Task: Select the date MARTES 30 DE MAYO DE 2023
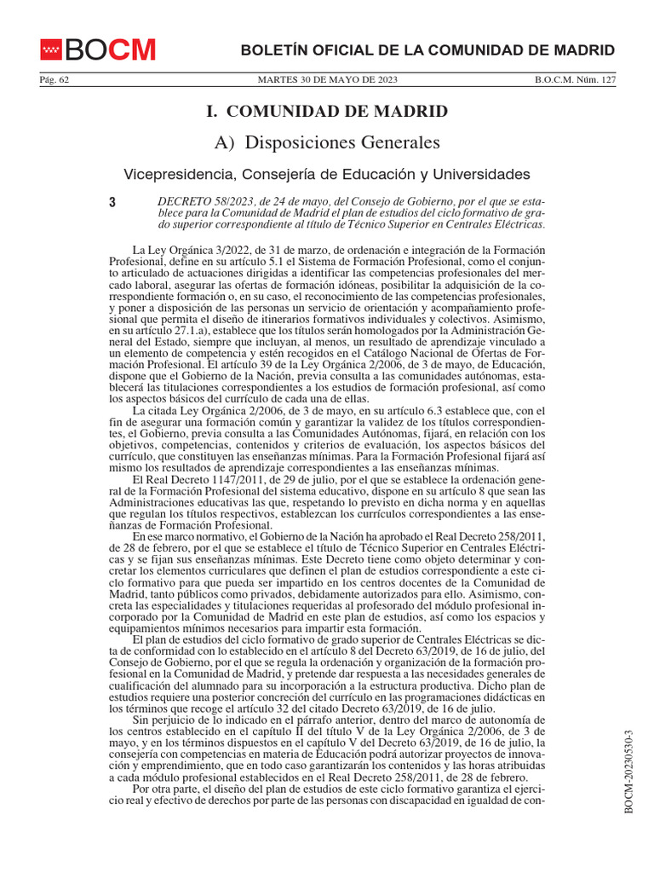point(327,80)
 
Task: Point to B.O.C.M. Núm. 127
point(575,80)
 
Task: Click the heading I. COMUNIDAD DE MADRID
point(327,111)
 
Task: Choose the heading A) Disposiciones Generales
point(327,142)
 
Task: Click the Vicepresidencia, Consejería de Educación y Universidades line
point(327,174)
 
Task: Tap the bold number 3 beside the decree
point(112,203)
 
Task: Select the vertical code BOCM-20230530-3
point(629,772)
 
